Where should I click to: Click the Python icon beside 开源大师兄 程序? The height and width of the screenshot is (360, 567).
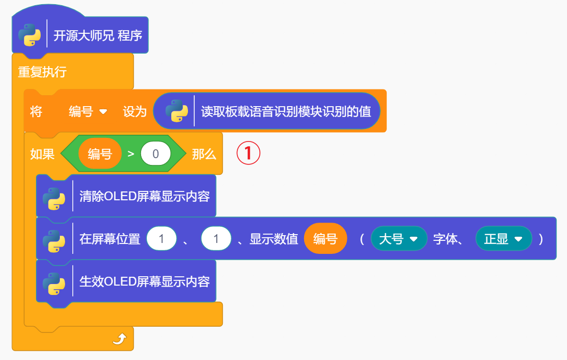click(30, 36)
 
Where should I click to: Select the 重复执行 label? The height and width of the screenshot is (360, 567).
click(42, 72)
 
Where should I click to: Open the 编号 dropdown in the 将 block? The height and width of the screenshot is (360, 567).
click(88, 111)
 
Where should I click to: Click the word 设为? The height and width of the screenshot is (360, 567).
click(134, 111)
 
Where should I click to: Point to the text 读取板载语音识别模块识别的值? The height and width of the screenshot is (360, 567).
click(286, 111)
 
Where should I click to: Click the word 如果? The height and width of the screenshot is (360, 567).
click(42, 154)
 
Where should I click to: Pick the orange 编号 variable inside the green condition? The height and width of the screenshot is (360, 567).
click(100, 154)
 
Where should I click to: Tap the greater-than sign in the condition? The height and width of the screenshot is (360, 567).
click(131, 154)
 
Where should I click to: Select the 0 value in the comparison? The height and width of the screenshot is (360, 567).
click(156, 154)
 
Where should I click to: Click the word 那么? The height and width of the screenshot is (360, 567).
click(204, 154)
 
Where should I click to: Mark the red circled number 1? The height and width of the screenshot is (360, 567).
click(248, 153)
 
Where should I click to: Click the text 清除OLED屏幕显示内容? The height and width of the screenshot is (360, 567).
click(144, 197)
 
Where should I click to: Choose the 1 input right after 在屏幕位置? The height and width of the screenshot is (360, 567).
click(161, 239)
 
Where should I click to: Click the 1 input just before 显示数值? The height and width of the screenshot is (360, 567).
click(216, 239)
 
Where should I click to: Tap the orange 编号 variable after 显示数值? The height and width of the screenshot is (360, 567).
click(325, 239)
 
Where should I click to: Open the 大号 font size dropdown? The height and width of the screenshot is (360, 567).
click(399, 239)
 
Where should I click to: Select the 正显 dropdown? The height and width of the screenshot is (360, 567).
click(503, 239)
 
